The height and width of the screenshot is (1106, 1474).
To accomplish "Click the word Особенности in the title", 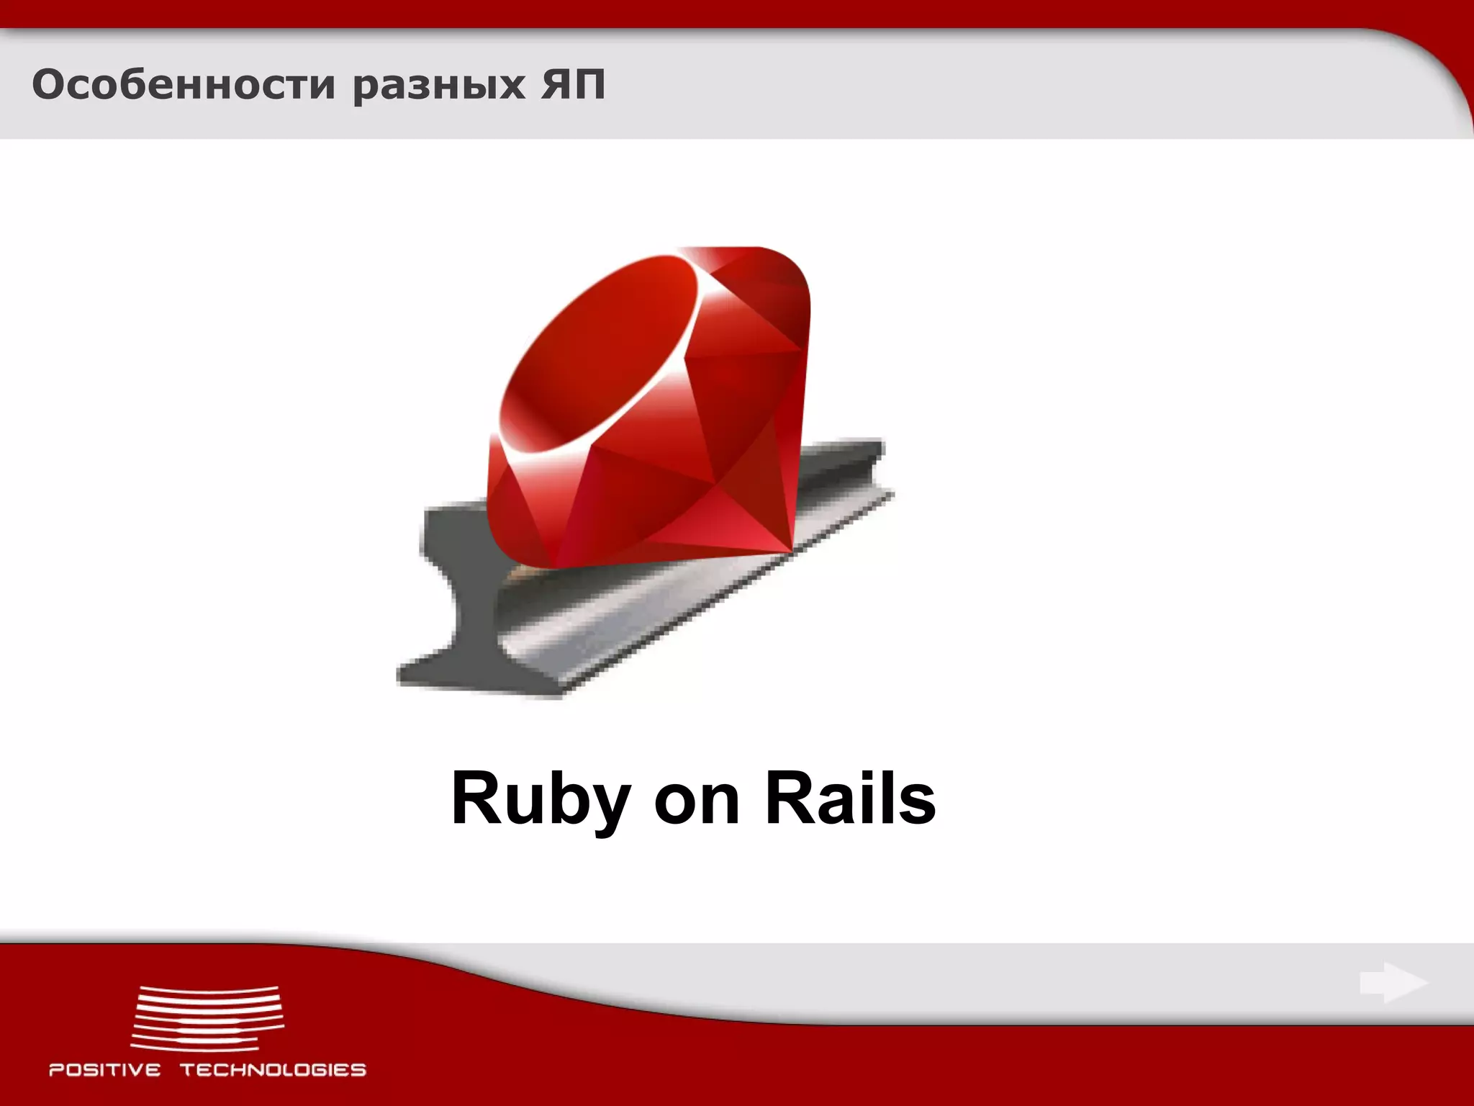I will [x=184, y=85].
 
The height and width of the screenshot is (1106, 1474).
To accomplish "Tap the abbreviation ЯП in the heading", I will [x=571, y=85].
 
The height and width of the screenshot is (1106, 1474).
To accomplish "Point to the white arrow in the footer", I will [x=1393, y=984].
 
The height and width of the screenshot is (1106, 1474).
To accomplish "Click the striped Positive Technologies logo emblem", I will [x=207, y=1017].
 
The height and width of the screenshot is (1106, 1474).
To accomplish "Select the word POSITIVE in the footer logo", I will [x=105, y=1070].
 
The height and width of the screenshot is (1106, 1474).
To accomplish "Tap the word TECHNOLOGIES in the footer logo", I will [x=273, y=1070].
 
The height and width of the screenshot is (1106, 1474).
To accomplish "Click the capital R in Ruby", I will [x=475, y=799].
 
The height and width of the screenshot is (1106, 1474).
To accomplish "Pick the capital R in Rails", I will [x=789, y=799].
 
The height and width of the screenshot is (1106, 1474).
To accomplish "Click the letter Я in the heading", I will [x=553, y=85].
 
